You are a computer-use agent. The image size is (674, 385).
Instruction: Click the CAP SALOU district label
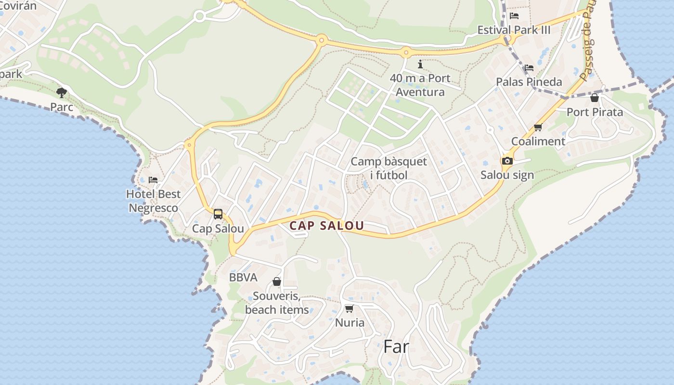326,225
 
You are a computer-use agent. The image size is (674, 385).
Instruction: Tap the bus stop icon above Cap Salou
218,214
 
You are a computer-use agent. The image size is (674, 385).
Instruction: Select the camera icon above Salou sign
507,161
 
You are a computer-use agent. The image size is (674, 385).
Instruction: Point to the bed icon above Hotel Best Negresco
153,180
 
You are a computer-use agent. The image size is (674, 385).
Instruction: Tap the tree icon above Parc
62,92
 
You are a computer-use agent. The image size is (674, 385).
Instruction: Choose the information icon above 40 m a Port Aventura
420,64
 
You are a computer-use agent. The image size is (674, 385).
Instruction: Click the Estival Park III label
514,30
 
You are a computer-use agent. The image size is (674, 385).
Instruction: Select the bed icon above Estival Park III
514,15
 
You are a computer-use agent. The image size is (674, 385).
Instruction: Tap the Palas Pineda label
529,82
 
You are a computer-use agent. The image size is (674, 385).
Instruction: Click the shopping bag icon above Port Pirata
595,98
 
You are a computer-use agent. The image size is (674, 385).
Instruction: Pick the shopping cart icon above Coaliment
538,128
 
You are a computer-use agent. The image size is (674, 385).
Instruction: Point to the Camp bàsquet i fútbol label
389,168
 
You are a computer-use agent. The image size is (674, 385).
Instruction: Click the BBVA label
243,278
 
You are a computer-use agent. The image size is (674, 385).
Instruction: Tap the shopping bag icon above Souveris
277,282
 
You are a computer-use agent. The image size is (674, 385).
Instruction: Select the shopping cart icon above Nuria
349,308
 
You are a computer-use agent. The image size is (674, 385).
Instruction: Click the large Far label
396,346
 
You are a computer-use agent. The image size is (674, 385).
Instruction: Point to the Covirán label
18,6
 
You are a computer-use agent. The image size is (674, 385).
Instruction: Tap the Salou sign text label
507,175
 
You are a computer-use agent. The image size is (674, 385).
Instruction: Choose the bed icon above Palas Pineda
529,67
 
